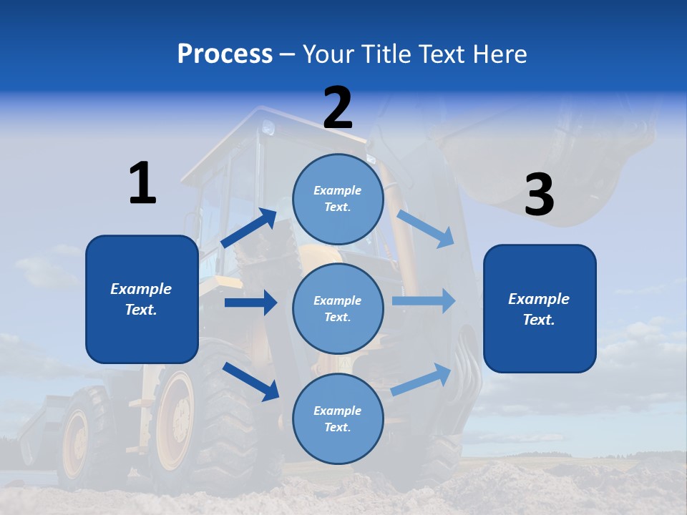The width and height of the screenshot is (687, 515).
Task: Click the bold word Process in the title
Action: [225, 54]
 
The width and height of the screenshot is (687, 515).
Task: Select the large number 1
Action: [142, 183]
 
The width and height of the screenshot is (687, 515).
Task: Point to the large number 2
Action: [338, 108]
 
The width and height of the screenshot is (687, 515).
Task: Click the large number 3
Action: [539, 195]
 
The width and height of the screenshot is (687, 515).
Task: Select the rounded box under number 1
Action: [142, 299]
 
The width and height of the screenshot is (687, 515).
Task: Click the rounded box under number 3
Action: [540, 308]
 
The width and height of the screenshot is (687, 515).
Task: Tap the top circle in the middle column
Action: [338, 199]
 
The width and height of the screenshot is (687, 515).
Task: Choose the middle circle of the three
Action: [338, 308]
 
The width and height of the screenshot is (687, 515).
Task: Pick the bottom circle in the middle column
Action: [338, 418]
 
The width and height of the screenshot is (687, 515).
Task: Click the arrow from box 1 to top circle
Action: [249, 228]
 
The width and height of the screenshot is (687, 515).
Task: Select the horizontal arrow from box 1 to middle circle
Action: [250, 303]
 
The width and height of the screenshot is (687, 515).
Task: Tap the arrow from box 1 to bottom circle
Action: [250, 381]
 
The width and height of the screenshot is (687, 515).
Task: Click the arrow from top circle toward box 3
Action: [425, 228]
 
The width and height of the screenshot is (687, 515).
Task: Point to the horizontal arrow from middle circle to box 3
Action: [423, 300]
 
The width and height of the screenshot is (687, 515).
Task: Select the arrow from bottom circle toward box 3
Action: [422, 380]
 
